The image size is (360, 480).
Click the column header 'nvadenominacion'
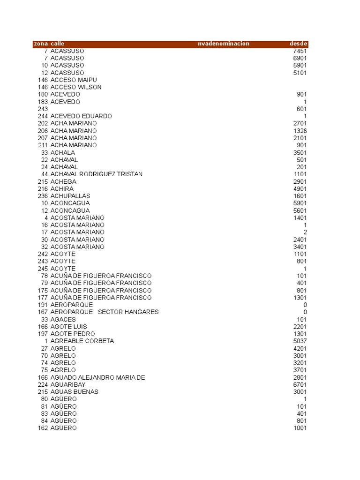click(224, 44)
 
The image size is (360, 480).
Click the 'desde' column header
click(298, 44)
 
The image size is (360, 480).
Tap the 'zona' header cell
click(41, 44)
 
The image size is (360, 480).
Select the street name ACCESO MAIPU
click(74, 80)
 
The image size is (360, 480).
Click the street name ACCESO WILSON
click(76, 87)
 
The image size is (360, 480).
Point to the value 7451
click(300, 51)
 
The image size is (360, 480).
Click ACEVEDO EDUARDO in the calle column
click(81, 116)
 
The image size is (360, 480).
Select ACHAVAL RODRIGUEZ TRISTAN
click(97, 174)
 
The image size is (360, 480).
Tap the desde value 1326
click(300, 130)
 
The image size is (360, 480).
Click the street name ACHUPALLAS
click(70, 196)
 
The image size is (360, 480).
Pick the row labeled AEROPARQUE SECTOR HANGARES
click(105, 312)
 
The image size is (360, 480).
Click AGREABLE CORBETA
click(82, 341)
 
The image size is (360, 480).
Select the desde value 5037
click(300, 341)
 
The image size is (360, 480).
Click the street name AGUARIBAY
click(68, 384)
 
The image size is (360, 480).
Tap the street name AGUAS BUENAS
click(75, 392)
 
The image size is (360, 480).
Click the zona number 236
click(43, 196)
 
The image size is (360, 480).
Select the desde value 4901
click(300, 188)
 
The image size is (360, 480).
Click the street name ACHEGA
click(63, 181)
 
